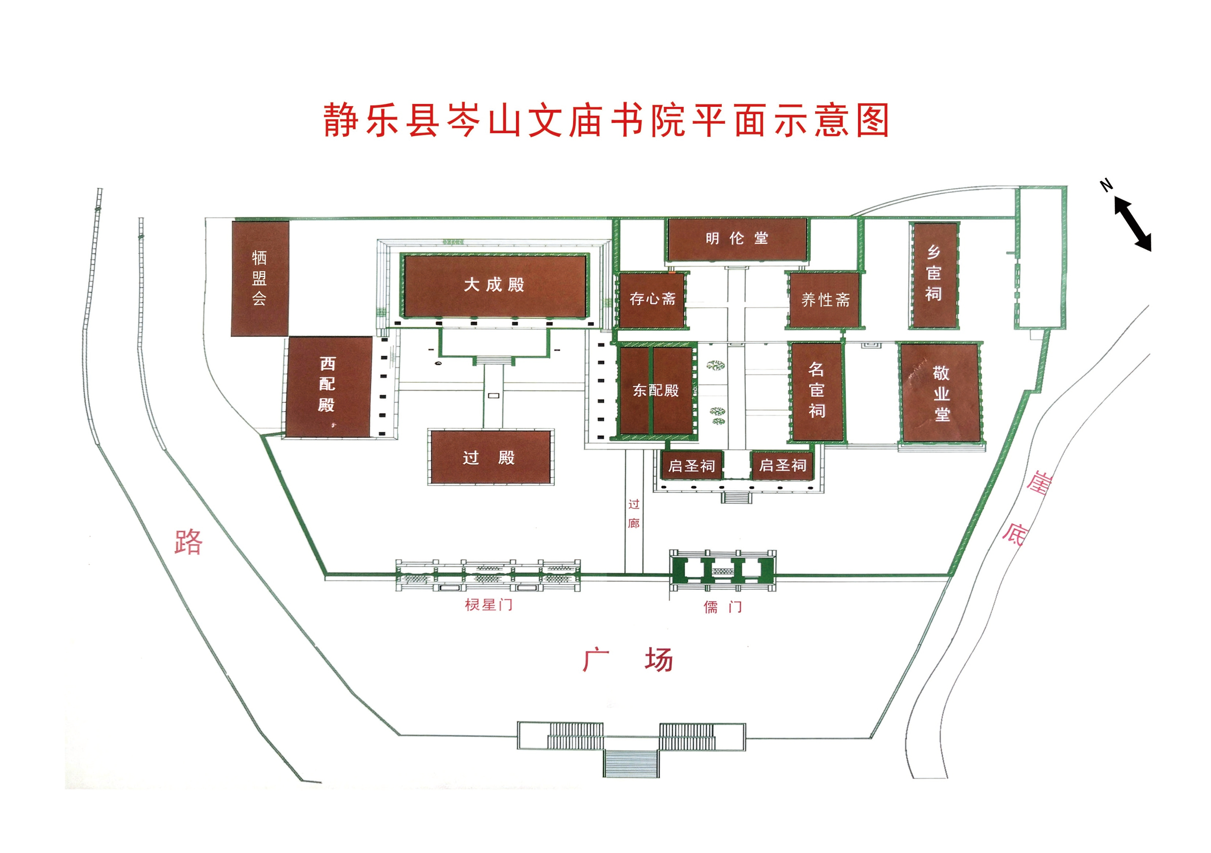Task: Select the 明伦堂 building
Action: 737,239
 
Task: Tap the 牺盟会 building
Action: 260,278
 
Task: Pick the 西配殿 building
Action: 328,387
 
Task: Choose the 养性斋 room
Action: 824,300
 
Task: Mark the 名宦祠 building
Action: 817,392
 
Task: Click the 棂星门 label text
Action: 489,605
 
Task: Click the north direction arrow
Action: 1132,224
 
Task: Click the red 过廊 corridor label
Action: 634,513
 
